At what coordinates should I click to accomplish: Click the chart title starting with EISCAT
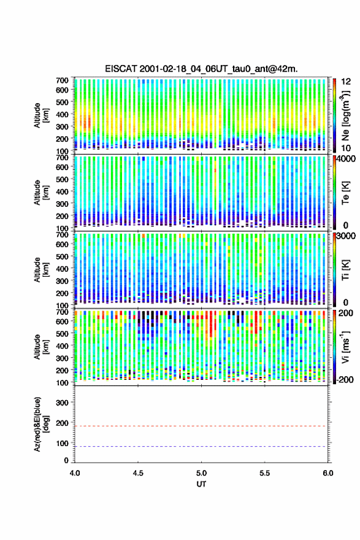tap(201, 69)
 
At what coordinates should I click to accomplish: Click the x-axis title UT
tap(201, 484)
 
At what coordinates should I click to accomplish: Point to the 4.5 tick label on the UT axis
tap(138, 473)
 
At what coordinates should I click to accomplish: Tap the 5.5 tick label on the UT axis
tap(265, 473)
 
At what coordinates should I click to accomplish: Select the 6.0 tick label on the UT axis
tap(328, 473)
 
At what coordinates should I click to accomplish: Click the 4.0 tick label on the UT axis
tap(75, 473)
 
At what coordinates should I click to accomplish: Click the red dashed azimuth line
tap(201, 426)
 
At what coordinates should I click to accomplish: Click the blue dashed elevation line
tap(201, 446)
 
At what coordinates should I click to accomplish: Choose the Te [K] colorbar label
tap(345, 193)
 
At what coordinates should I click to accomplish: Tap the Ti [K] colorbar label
tap(345, 269)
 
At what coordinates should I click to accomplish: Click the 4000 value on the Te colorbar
tap(346, 160)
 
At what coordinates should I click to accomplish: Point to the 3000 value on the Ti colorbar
tap(346, 236)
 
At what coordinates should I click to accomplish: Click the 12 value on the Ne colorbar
tap(346, 82)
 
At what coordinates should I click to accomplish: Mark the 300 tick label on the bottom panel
tap(62, 403)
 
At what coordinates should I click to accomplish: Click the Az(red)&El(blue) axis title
tap(41, 424)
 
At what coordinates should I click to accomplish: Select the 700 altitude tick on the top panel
tap(62, 80)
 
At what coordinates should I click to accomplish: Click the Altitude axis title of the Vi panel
tap(41, 347)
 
